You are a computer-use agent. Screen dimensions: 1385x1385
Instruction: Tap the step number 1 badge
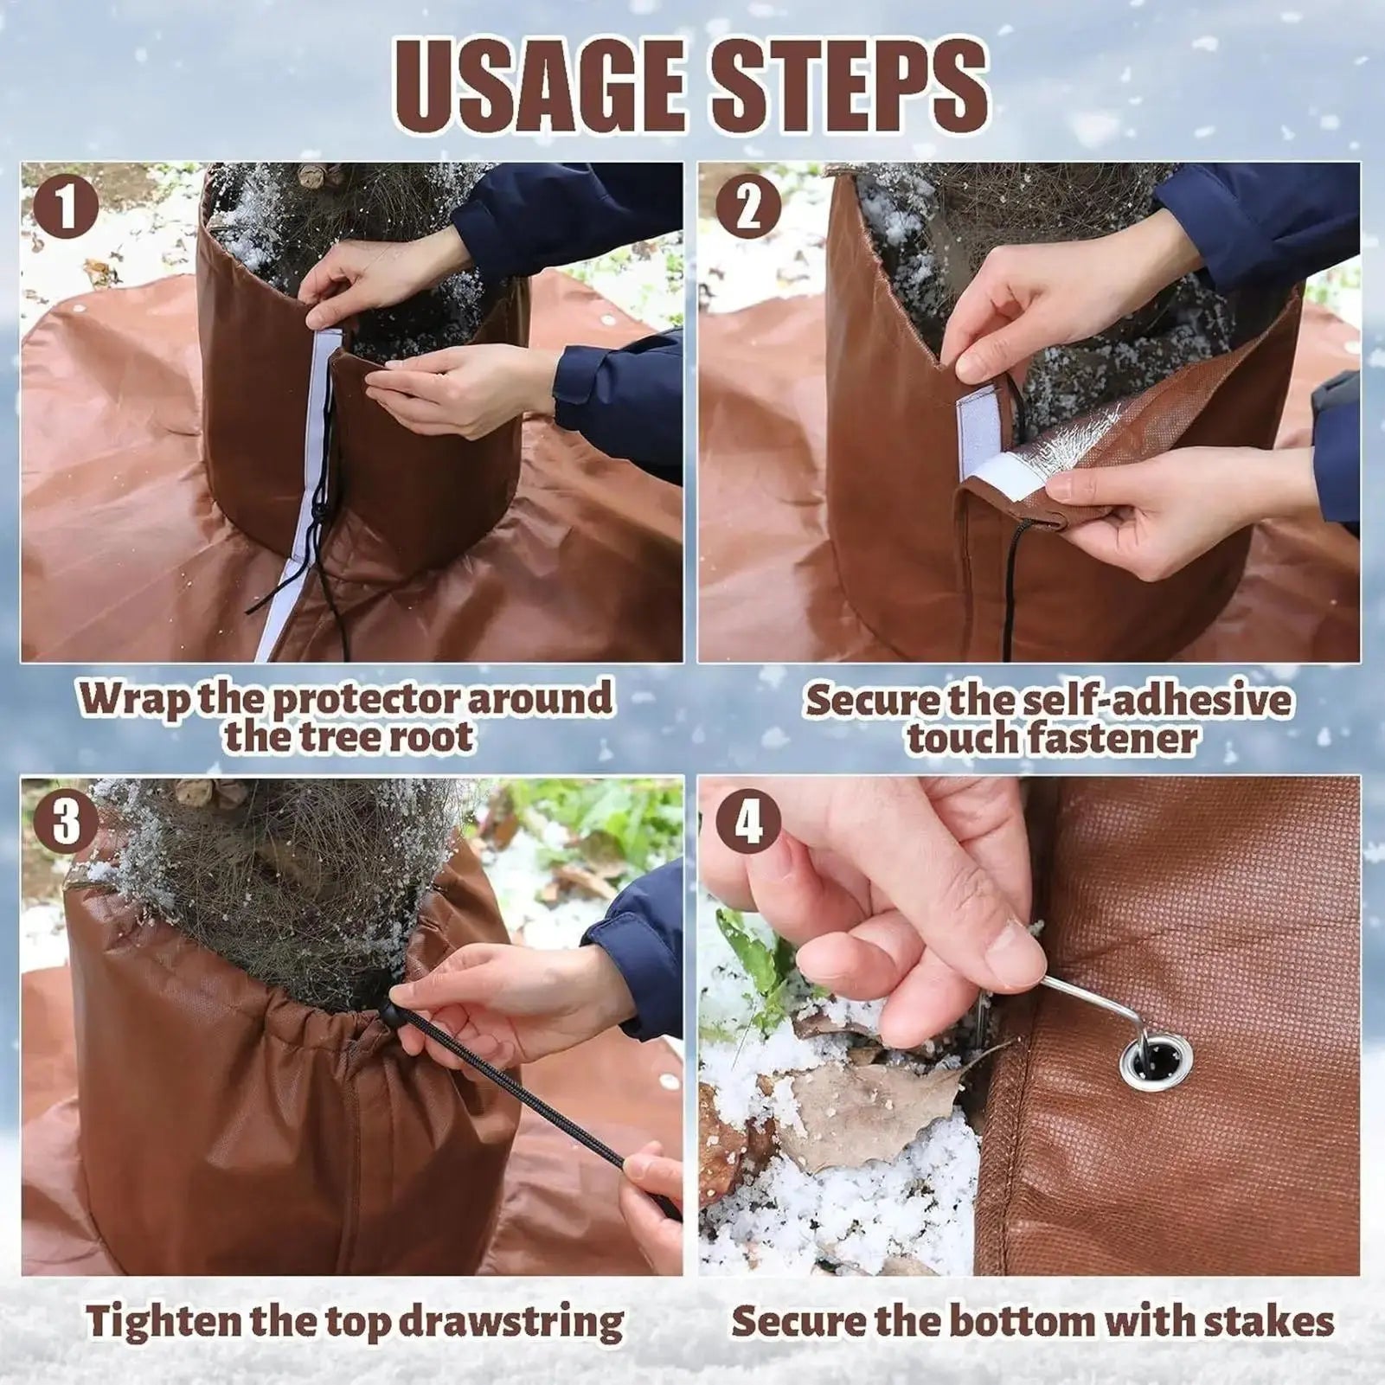[x=66, y=208]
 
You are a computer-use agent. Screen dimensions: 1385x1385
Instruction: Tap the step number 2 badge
[x=748, y=208]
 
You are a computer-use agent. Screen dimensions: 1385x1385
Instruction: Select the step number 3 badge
[x=66, y=823]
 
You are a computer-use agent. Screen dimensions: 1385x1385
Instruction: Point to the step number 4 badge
[x=748, y=823]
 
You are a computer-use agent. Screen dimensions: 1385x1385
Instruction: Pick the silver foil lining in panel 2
[x=1086, y=442]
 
